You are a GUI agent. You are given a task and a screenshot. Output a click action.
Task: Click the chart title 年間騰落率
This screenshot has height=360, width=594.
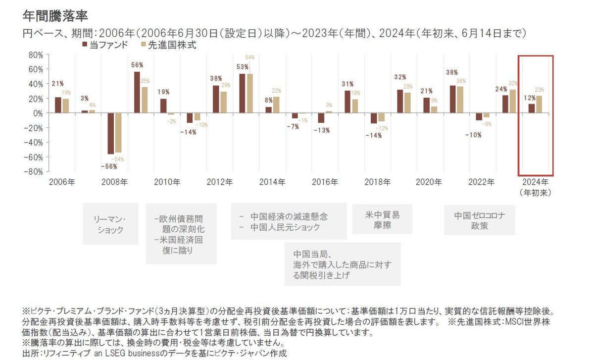55,16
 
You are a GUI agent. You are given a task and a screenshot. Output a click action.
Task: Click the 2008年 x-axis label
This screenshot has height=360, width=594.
114,182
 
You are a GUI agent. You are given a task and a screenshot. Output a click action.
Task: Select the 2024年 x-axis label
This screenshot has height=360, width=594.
536,182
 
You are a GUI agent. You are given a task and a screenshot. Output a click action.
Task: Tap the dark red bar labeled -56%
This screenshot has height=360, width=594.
111,133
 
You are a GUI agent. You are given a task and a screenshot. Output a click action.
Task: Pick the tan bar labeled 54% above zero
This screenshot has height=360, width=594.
249,94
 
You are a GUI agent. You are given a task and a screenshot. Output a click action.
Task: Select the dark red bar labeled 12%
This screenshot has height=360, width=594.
532,108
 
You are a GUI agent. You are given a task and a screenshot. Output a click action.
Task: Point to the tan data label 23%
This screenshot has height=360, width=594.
540,90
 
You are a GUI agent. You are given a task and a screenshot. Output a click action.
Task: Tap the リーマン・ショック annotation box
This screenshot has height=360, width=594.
110,224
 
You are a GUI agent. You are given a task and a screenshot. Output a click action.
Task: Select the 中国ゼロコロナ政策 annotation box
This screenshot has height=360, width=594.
479,220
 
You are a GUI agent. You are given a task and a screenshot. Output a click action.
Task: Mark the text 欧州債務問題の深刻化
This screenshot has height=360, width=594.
180,224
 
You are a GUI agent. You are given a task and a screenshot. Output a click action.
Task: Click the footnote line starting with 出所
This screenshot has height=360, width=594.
154,354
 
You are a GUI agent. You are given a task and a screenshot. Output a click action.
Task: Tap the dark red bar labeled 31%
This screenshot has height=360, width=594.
347,102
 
